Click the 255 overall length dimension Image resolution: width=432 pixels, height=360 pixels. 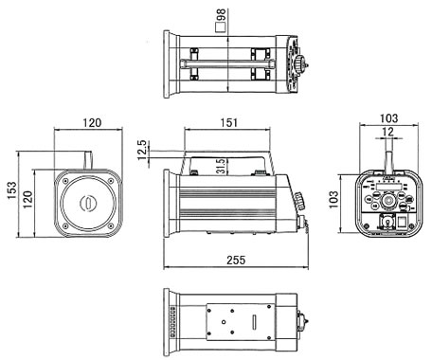click(236, 260)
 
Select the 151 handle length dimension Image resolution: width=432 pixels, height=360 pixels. click(228, 122)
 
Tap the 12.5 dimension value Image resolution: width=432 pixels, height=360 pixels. click(143, 150)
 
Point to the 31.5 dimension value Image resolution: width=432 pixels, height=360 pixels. click(222, 166)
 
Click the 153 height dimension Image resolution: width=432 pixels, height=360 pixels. click(12, 189)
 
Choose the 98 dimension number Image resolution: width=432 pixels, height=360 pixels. click(221, 16)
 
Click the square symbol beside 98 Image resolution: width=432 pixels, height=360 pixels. click(220, 27)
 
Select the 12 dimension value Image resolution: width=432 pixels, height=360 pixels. click(388, 132)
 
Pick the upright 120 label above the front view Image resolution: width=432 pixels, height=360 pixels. click(92, 122)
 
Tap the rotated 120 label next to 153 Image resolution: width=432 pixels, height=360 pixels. click(27, 200)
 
